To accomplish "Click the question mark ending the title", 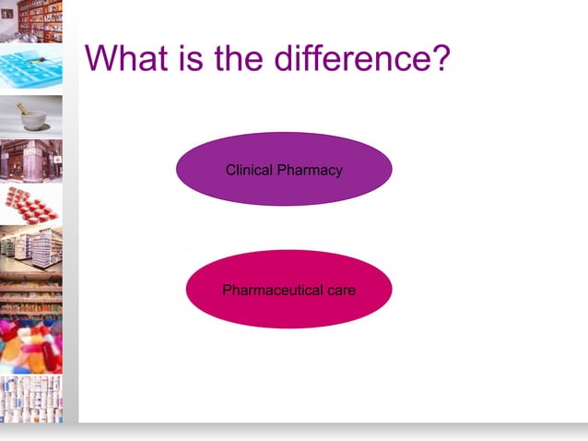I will pos(439,60).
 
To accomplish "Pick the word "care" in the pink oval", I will pos(340,290).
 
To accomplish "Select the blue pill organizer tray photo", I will pos(31,68).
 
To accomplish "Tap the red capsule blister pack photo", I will pos(31,205).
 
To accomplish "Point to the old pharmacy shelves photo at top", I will pos(31,21).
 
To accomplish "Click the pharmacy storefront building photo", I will pos(31,160).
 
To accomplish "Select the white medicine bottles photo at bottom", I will pos(31,399).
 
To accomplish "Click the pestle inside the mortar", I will pos(23,110).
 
